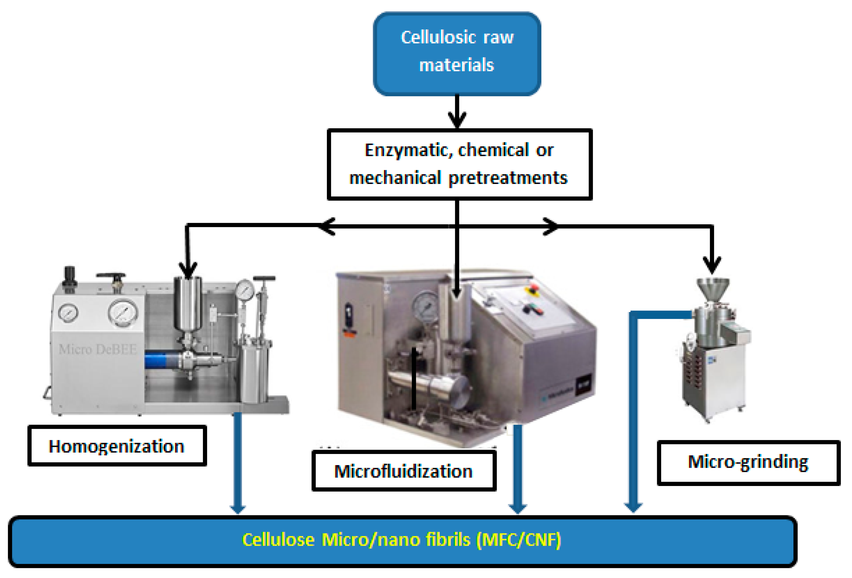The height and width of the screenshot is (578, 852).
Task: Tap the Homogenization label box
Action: tap(117, 446)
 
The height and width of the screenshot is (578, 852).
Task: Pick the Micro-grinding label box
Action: tap(748, 463)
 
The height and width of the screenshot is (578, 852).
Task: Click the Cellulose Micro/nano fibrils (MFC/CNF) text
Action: tap(401, 540)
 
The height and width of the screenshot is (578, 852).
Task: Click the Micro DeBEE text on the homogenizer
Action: tap(97, 349)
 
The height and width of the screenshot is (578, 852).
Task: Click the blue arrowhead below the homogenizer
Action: tap(237, 509)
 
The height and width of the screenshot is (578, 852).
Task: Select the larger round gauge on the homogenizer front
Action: tap(123, 313)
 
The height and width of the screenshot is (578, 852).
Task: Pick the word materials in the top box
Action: tap(457, 65)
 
